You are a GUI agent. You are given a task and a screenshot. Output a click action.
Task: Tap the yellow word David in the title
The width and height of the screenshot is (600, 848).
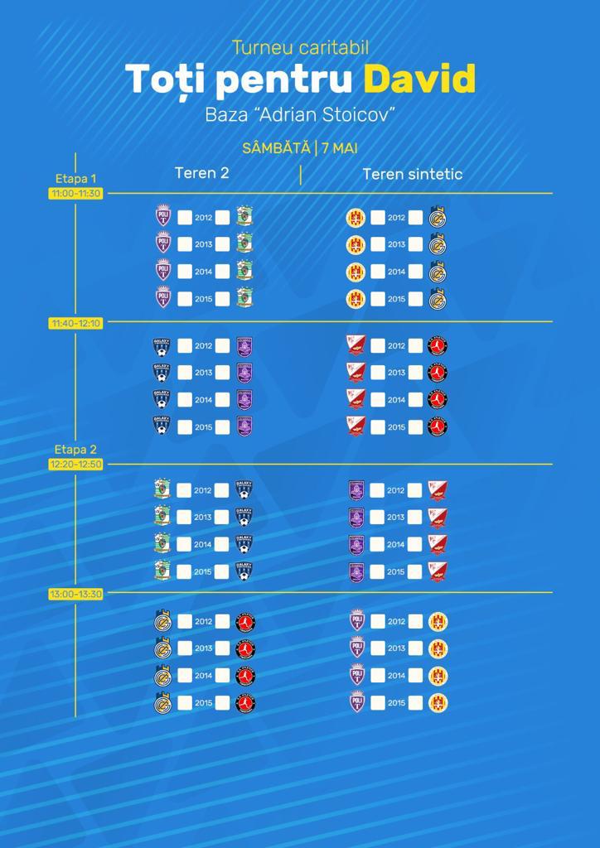point(419,79)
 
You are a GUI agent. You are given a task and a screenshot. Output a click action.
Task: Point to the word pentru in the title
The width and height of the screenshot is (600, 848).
point(276,80)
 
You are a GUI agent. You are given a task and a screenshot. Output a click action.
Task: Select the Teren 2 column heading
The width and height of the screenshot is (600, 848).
point(201,173)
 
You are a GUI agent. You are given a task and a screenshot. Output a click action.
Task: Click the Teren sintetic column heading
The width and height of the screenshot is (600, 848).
point(412,174)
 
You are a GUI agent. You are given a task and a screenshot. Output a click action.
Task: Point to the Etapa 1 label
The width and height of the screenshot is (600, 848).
point(75,178)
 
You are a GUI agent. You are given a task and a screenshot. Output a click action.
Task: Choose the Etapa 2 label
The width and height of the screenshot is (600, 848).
point(75,450)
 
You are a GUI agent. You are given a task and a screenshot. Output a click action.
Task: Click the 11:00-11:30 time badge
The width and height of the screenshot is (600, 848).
point(75,193)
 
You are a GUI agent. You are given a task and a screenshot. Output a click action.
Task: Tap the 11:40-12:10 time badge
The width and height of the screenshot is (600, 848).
point(75,323)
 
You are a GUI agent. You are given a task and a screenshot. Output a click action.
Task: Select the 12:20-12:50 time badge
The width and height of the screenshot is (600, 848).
point(75,465)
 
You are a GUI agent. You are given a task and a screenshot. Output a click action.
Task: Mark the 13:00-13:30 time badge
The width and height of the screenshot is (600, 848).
point(75,594)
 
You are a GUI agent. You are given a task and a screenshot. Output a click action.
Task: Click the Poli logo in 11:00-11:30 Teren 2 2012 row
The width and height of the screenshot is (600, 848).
point(162,217)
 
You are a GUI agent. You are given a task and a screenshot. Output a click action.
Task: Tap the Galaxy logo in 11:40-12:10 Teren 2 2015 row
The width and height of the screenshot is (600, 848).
point(162,426)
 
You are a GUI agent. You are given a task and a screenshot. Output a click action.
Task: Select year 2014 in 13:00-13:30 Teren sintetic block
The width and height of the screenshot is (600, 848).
point(396,676)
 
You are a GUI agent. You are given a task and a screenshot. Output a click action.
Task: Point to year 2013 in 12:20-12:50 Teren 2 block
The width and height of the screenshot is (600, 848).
point(203,517)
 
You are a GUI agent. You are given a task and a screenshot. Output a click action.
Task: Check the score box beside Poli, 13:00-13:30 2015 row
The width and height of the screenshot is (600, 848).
point(377,702)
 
